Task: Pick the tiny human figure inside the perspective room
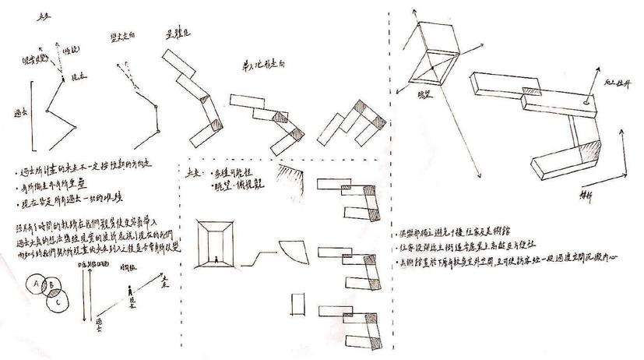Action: [x=217, y=258]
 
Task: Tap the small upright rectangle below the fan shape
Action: [x=297, y=302]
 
